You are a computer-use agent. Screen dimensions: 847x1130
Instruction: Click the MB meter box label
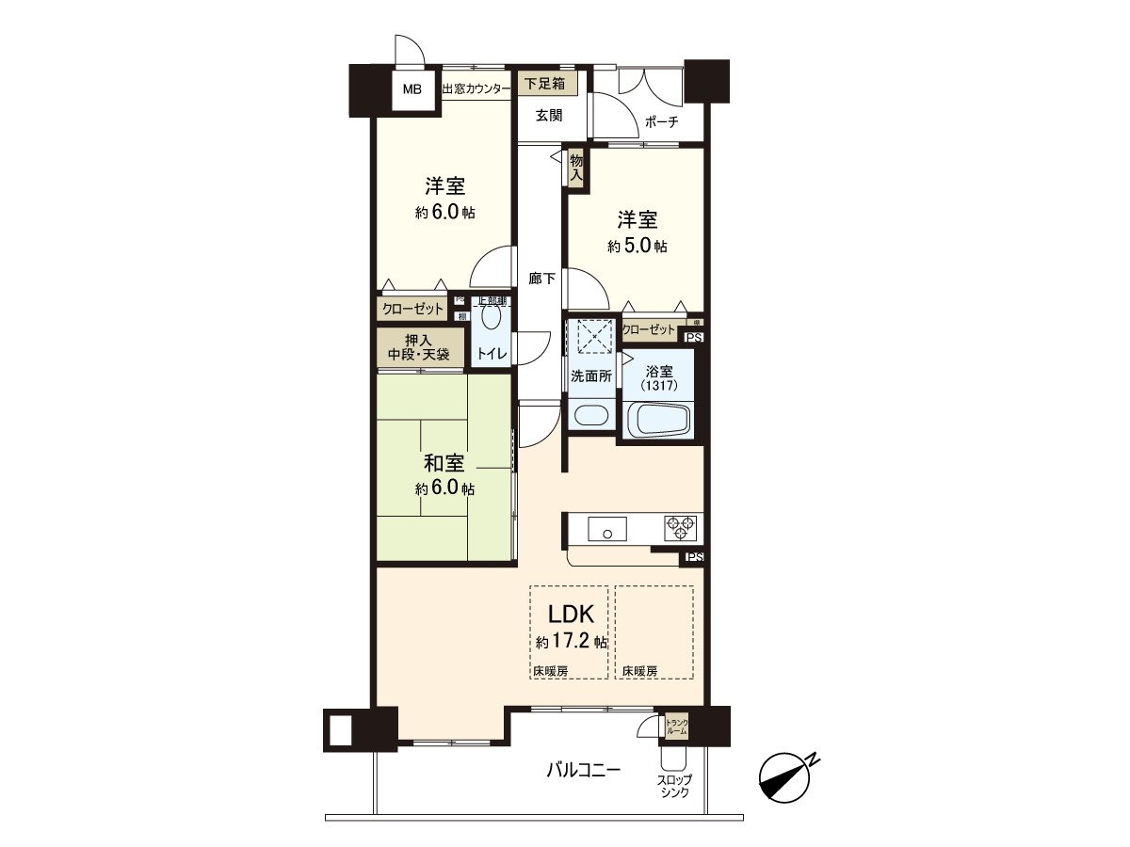tap(412, 90)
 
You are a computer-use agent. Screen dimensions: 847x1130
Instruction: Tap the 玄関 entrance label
tap(549, 116)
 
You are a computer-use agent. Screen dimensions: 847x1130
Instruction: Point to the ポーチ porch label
tap(662, 121)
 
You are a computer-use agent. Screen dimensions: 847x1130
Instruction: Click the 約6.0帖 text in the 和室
tap(445, 489)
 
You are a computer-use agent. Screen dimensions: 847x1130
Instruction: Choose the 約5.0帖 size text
tap(638, 247)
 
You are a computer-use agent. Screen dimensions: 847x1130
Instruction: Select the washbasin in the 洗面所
tap(590, 414)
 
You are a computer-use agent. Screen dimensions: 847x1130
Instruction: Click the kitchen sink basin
tap(607, 529)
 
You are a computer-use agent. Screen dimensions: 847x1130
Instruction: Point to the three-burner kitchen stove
tap(680, 528)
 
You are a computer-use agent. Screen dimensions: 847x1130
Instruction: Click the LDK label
tap(571, 615)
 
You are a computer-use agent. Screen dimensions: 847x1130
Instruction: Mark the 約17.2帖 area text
tap(571, 642)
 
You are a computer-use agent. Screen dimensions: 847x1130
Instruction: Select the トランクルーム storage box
tap(676, 726)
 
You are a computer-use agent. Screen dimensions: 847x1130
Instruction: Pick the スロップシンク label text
tap(673, 787)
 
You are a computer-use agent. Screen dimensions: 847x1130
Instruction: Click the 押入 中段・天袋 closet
tap(419, 348)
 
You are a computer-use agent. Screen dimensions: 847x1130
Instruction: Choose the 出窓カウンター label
tap(476, 89)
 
